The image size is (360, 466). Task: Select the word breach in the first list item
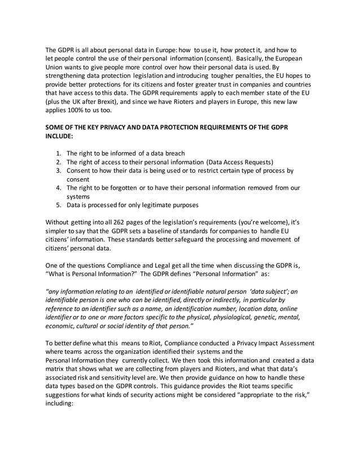(x=173, y=153)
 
